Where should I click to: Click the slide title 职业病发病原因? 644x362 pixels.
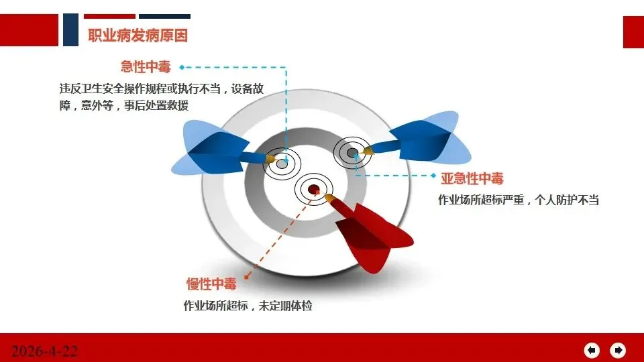(x=138, y=36)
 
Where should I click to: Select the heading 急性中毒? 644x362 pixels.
(x=146, y=67)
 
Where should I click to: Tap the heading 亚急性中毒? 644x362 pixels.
(x=472, y=178)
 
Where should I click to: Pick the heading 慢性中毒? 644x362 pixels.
(x=211, y=284)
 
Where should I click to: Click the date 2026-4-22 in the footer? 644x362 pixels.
(x=44, y=351)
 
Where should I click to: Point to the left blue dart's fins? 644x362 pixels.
(x=210, y=147)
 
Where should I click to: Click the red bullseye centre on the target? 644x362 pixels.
(x=314, y=189)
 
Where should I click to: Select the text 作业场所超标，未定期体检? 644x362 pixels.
(x=248, y=306)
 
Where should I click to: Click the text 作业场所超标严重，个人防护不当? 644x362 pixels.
(x=519, y=200)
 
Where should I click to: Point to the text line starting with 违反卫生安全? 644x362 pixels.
(x=162, y=88)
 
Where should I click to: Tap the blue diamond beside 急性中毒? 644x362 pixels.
(x=182, y=67)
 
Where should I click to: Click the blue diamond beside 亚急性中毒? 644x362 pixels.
(x=433, y=176)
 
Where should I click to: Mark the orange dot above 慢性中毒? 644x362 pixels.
(x=246, y=277)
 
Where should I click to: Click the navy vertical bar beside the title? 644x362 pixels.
(x=70, y=29)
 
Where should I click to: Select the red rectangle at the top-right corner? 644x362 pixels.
(x=633, y=32)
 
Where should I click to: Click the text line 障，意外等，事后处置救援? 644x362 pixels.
(x=124, y=105)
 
